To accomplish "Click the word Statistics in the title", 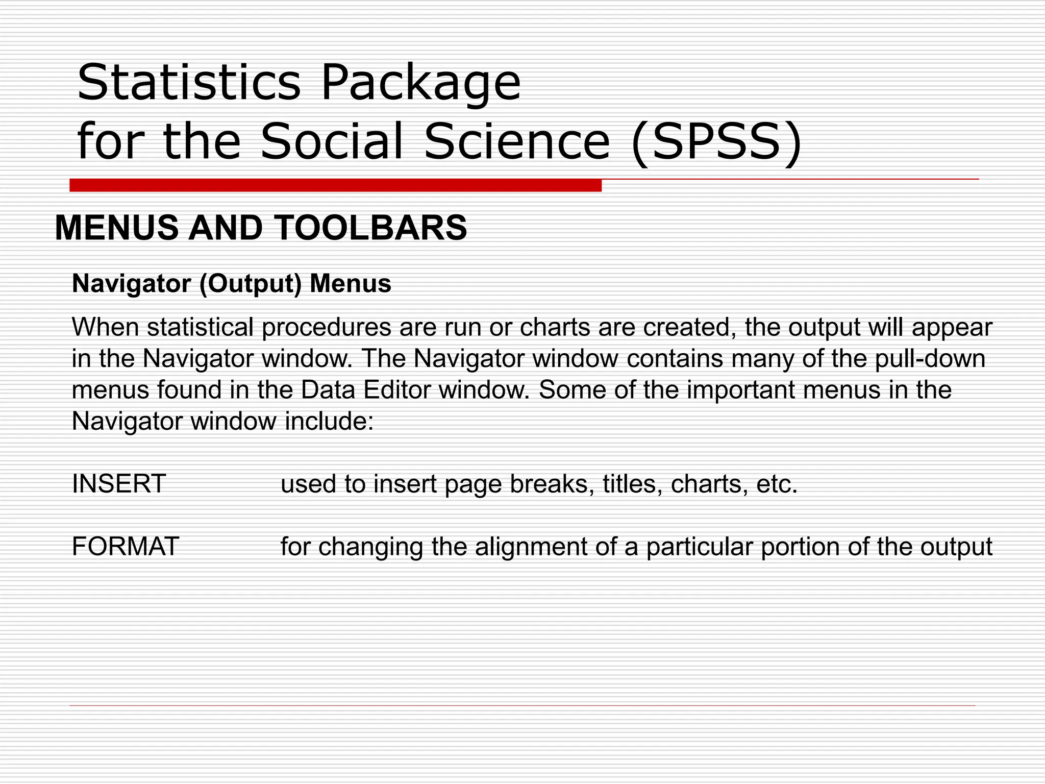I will [x=189, y=82].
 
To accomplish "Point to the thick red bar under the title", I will [x=335, y=185].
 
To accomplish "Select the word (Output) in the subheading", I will [x=251, y=284].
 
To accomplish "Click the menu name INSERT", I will [x=119, y=483].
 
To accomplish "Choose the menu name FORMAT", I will [x=125, y=546].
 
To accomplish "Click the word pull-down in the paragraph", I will [x=930, y=359].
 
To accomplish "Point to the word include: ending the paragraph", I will [x=329, y=422].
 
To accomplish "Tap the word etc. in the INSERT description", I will [x=777, y=484].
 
